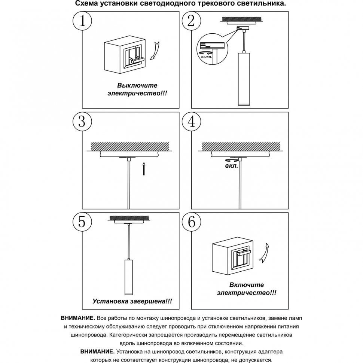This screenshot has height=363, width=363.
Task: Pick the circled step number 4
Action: (191, 121)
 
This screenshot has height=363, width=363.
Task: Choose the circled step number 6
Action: (191, 222)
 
